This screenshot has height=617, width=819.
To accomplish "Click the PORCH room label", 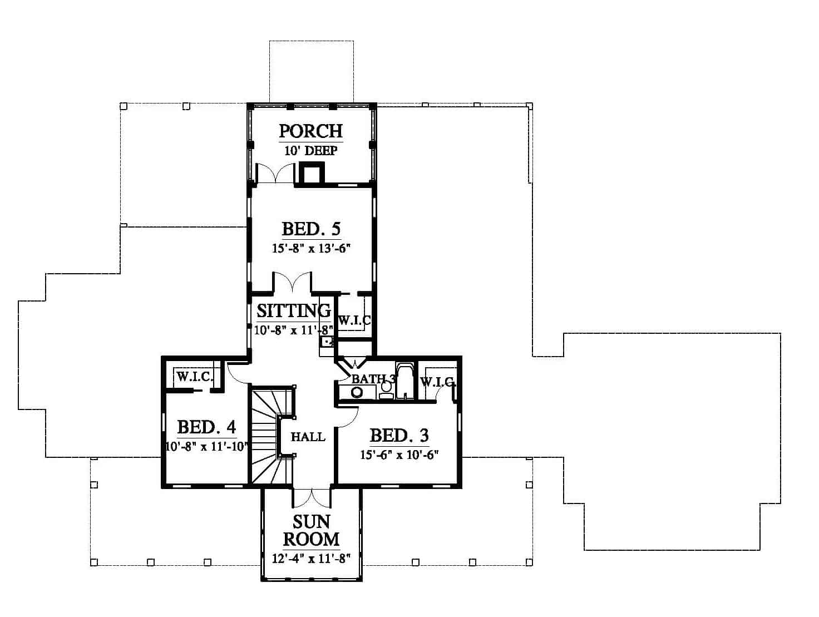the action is pos(311,131).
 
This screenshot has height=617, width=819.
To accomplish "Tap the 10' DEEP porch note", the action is pos(311,151).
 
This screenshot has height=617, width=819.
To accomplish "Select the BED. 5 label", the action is pos(311,229).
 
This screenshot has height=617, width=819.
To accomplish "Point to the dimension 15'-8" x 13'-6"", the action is pos(311,249).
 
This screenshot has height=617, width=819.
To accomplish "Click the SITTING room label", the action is pos(294,310).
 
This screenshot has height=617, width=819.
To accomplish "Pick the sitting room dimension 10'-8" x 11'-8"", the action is pos(294,330).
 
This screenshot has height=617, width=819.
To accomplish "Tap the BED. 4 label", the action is pos(206,427).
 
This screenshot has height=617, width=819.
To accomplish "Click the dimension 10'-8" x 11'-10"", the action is pos(206,447).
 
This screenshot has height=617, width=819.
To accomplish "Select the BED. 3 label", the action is pos(399,435).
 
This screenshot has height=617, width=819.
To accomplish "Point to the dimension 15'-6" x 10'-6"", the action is pos(399,455).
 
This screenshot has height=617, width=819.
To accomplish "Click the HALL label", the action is pos(308,437).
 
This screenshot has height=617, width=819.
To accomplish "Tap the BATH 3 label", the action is pos(373,379).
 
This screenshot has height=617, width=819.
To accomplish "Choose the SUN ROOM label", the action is pos(311,530).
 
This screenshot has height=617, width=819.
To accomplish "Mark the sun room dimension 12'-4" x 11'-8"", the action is pos(311,559).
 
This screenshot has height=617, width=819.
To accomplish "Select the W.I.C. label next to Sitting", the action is pos(354,320).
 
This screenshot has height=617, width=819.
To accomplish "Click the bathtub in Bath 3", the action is pos(405,381).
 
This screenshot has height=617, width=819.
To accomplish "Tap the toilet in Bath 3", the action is pos(386,390).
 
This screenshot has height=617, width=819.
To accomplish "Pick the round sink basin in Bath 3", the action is pos(357,392).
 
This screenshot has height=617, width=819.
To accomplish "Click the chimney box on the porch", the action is pos(310,173).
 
